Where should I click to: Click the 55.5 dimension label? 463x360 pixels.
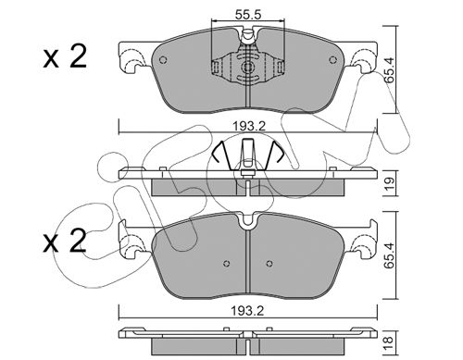[248, 14]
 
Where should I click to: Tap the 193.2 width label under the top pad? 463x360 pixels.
[249, 126]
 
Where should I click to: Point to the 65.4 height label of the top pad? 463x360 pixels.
[390, 70]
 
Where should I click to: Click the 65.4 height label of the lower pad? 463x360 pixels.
[390, 255]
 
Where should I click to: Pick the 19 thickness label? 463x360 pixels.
[390, 184]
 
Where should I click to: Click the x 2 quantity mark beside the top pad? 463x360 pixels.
[65, 57]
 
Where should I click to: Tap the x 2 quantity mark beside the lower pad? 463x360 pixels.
[65, 242]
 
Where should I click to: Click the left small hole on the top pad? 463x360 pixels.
[163, 60]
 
